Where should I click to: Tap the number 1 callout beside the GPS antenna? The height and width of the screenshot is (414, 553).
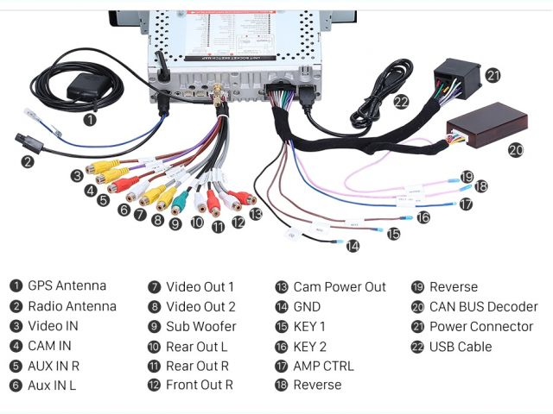coord(90,121)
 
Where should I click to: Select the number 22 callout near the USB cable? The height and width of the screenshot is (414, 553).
coord(401,100)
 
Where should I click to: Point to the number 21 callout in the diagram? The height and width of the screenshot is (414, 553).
coord(493,75)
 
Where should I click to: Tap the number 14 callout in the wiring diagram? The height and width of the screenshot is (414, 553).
coord(353,246)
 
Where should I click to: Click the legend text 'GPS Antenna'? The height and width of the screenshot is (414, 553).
coord(67,286)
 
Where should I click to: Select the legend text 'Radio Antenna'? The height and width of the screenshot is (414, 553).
coord(72,306)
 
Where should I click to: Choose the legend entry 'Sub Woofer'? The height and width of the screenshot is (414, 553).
coord(200,327)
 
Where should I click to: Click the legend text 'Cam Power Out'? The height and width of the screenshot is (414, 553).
coord(339,286)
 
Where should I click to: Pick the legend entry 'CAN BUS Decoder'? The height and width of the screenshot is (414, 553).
coord(483,306)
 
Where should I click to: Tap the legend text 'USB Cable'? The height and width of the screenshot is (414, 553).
coord(460,347)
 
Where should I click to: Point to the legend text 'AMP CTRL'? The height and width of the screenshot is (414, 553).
coord(323,366)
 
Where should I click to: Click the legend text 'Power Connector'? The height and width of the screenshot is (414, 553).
coord(480,327)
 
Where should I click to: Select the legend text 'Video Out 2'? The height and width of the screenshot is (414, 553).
coord(200,306)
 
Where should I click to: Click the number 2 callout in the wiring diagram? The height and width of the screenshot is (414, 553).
coord(28,161)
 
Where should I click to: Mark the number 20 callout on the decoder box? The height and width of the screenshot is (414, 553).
coord(515,149)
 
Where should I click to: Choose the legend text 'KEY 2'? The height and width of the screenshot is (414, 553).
coord(309,346)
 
